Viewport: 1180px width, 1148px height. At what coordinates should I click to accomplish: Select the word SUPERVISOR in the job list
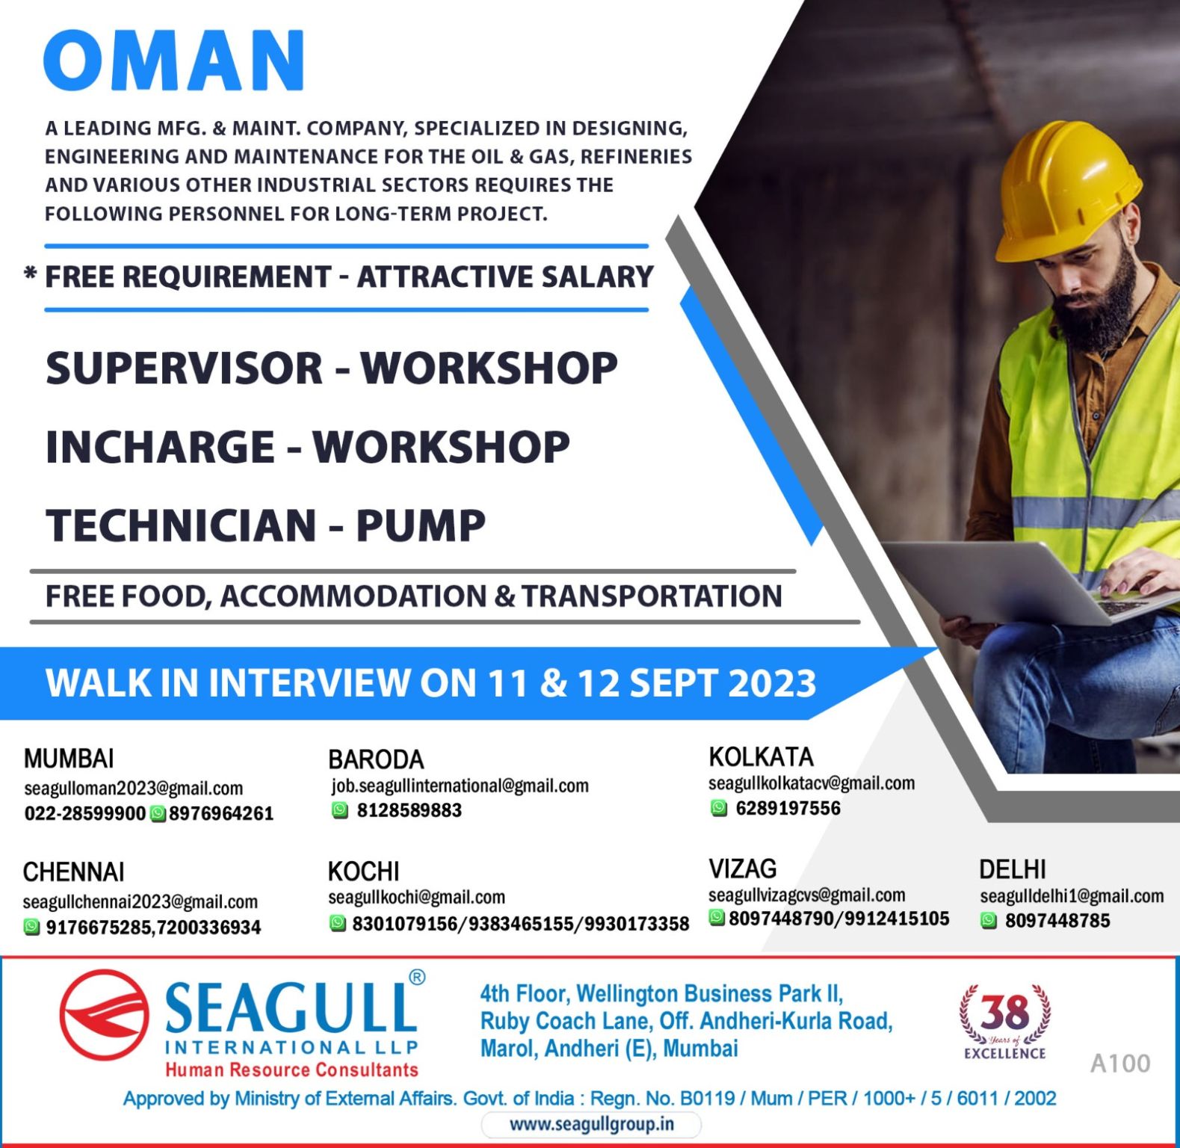(x=184, y=368)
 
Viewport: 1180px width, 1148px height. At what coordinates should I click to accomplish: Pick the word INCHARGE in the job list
(x=160, y=446)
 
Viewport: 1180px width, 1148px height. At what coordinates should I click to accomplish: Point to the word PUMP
(x=421, y=525)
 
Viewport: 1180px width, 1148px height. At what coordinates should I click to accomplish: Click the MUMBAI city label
(x=69, y=759)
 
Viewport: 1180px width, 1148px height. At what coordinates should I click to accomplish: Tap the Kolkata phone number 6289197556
(x=788, y=808)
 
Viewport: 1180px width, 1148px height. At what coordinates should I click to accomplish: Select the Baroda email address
(x=460, y=786)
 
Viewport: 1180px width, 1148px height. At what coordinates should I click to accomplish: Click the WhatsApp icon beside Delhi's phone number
(x=989, y=921)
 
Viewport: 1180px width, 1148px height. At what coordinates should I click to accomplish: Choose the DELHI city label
(x=1013, y=870)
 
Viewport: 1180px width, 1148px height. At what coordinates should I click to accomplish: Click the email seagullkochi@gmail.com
(x=417, y=897)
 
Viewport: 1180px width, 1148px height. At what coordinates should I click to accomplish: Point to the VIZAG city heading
(x=743, y=868)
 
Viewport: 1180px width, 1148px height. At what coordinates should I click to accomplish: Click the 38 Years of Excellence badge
(x=1005, y=1022)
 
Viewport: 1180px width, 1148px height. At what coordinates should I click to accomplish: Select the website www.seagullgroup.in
(x=591, y=1124)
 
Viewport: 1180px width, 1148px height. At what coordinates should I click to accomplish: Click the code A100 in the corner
(x=1120, y=1063)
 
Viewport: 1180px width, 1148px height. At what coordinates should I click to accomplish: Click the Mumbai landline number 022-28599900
(x=85, y=814)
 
